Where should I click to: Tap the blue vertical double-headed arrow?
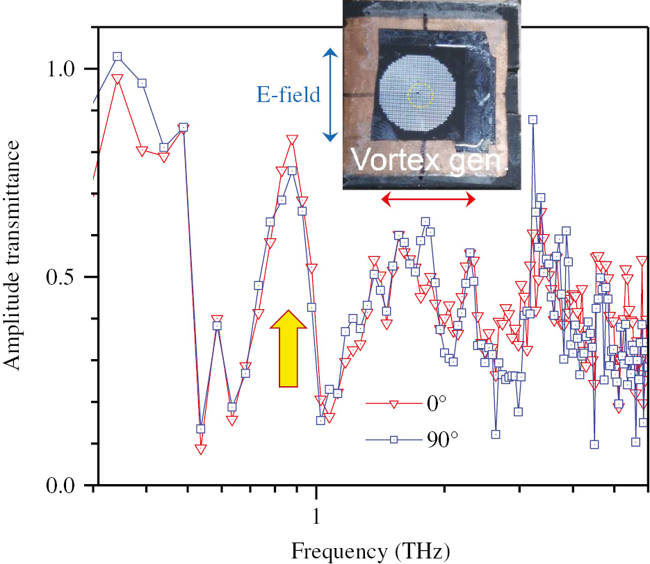click(331, 94)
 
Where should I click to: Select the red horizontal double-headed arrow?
click(428, 200)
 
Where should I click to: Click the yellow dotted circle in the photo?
click(419, 94)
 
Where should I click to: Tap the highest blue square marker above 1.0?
click(117, 57)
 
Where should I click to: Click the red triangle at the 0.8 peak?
click(291, 140)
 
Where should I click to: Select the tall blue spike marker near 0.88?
click(533, 119)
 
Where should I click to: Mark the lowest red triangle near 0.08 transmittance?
click(201, 449)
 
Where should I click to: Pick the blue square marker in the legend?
click(393, 439)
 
